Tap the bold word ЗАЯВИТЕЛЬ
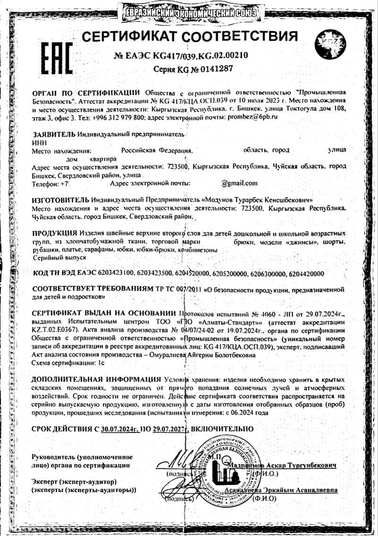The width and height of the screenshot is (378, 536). [x=53, y=134]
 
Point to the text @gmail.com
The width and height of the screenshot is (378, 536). [x=239, y=183]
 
